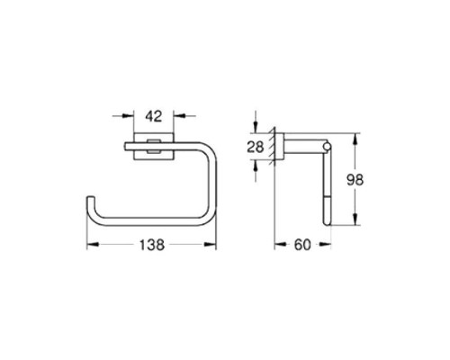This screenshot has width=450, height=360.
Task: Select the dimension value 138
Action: (x=151, y=244)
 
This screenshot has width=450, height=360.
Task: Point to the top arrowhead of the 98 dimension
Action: (x=357, y=139)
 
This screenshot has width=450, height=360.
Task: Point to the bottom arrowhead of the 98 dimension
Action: (x=357, y=224)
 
